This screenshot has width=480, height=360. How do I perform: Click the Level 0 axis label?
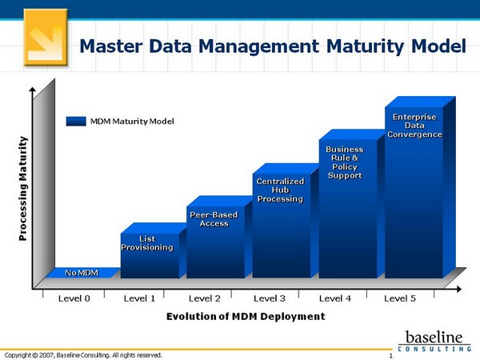click(x=74, y=298)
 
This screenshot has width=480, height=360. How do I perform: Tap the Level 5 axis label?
click(x=400, y=298)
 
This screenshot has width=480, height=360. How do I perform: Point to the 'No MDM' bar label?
click(x=82, y=273)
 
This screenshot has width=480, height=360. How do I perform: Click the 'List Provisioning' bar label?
click(x=146, y=243)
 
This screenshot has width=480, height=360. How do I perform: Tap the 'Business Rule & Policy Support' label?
click(x=345, y=162)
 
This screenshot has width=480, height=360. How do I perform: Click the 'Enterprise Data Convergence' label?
click(x=414, y=126)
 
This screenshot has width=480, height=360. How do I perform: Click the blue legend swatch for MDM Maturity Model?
click(x=76, y=121)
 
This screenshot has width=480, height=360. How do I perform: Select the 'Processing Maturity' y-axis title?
click(x=22, y=190)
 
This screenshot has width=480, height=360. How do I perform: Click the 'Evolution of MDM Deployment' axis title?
click(x=246, y=317)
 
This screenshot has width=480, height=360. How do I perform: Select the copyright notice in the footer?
click(x=83, y=354)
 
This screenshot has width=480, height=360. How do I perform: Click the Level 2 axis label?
click(x=205, y=298)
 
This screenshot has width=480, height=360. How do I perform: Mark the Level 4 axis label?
click(x=335, y=298)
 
